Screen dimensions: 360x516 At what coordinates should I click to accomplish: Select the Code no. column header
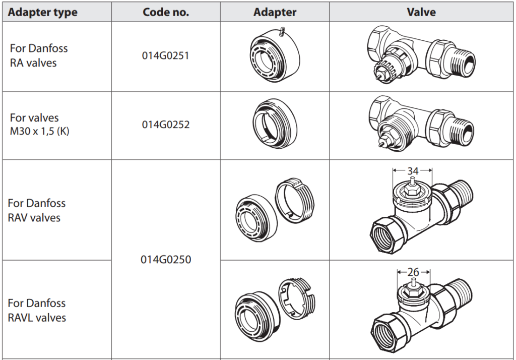coord(166,12)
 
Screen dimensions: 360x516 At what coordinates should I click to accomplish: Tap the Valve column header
coord(421,12)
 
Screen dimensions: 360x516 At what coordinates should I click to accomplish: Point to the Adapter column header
coord(275,12)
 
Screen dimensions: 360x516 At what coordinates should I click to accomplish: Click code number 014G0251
coord(165,55)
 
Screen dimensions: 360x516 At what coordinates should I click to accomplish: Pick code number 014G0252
coord(165,124)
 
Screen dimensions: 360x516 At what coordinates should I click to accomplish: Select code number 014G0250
coord(166,260)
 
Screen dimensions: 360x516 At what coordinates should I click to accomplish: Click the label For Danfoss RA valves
coord(39,55)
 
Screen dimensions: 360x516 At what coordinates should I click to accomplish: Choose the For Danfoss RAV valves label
coord(37,210)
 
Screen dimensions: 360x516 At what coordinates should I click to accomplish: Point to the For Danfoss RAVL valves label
coord(37,310)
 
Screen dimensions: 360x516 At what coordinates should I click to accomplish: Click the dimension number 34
coord(413,170)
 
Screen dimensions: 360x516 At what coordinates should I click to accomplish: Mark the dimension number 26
coord(413,272)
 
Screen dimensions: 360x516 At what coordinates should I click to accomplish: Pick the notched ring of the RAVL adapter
coord(299,298)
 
